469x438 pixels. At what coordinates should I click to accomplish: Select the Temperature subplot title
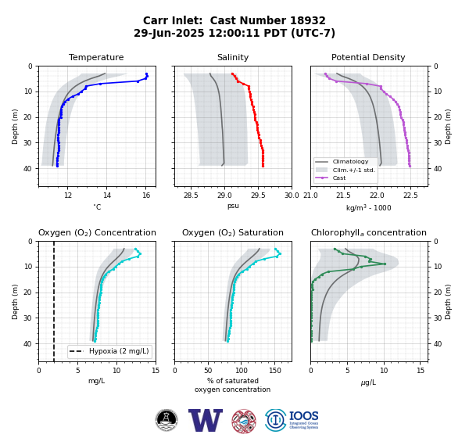(x=96, y=57)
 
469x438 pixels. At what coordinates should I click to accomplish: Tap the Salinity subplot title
(x=233, y=57)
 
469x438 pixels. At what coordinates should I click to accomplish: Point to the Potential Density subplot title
(x=368, y=57)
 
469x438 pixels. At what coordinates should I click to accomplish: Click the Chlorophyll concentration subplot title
(x=369, y=232)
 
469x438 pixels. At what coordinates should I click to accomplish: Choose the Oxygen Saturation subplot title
(x=233, y=232)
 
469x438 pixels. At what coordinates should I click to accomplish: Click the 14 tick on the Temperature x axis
(x=107, y=196)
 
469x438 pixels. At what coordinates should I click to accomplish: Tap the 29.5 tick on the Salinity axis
(x=258, y=196)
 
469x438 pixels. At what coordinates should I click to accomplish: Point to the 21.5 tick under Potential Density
(x=343, y=196)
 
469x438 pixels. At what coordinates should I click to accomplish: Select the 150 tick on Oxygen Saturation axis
(x=275, y=371)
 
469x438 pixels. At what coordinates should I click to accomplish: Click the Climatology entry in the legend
(x=350, y=162)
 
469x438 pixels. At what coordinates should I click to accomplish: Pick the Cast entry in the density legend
(x=339, y=178)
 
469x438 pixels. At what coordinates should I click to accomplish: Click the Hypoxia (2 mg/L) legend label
(x=119, y=351)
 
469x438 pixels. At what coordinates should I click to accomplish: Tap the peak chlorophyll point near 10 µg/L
(x=385, y=264)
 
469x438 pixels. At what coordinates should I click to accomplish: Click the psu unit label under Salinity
(x=233, y=206)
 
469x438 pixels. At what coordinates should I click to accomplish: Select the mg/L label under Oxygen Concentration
(x=96, y=381)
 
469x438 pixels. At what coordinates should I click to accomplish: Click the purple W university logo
(x=206, y=420)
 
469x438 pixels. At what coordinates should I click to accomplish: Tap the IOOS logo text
(x=303, y=416)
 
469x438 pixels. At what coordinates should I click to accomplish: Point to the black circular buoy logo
(x=166, y=420)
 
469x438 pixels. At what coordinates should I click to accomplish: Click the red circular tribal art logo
(x=244, y=421)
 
